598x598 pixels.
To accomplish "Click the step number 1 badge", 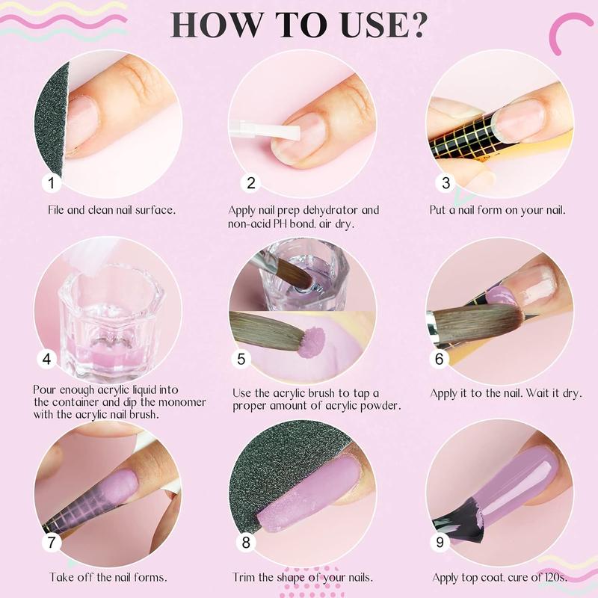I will (51, 182).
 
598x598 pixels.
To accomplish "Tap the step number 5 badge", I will (241, 359).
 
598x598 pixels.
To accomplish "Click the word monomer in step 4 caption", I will (182, 402).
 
